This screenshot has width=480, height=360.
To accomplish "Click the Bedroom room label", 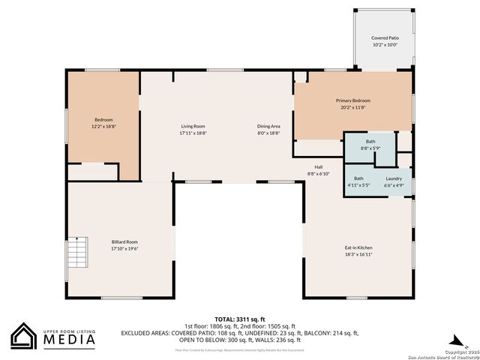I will point(103,120).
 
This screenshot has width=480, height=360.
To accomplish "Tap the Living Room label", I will point(193,126).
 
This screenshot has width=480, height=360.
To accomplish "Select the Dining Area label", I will point(268,126).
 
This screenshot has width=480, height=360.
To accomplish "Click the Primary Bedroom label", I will point(352,100).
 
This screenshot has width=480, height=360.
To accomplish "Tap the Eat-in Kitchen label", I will point(358,247).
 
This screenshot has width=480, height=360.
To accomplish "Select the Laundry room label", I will point(394,178).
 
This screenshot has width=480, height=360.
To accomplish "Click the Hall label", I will point(318,166).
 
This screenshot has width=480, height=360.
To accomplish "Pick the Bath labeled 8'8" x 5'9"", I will point(370,141).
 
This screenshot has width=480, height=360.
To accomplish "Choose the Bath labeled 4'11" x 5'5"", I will point(358,178).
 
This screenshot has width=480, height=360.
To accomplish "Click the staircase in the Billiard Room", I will point(77,254).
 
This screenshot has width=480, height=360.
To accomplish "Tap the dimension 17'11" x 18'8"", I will point(193,133).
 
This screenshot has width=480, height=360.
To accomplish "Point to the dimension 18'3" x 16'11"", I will point(358,254).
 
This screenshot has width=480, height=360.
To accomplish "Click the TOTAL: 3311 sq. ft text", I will point(240,319).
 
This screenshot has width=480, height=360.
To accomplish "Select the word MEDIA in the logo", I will point(67,340).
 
